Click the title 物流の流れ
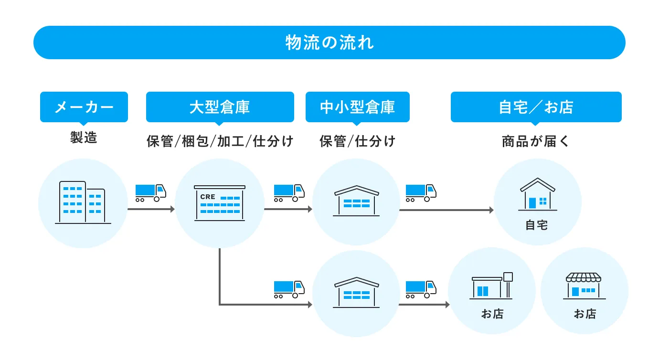(x=329, y=42)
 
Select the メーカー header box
(x=84, y=107)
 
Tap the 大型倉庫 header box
(x=220, y=107)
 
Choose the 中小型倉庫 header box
(x=358, y=107)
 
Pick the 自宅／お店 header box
(x=536, y=107)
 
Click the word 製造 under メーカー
(x=84, y=138)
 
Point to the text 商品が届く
(x=536, y=141)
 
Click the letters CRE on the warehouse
(x=208, y=197)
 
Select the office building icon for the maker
(x=83, y=202)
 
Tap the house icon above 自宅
(x=538, y=194)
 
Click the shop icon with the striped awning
(x=584, y=286)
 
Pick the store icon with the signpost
(x=491, y=286)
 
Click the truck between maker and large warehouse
(x=150, y=193)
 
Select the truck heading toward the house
(x=421, y=193)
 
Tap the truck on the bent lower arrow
(x=289, y=289)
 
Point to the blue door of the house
(x=532, y=203)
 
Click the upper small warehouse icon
(x=356, y=201)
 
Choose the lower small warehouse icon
(x=356, y=293)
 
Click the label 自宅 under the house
(x=537, y=225)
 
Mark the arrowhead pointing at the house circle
(x=491, y=210)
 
